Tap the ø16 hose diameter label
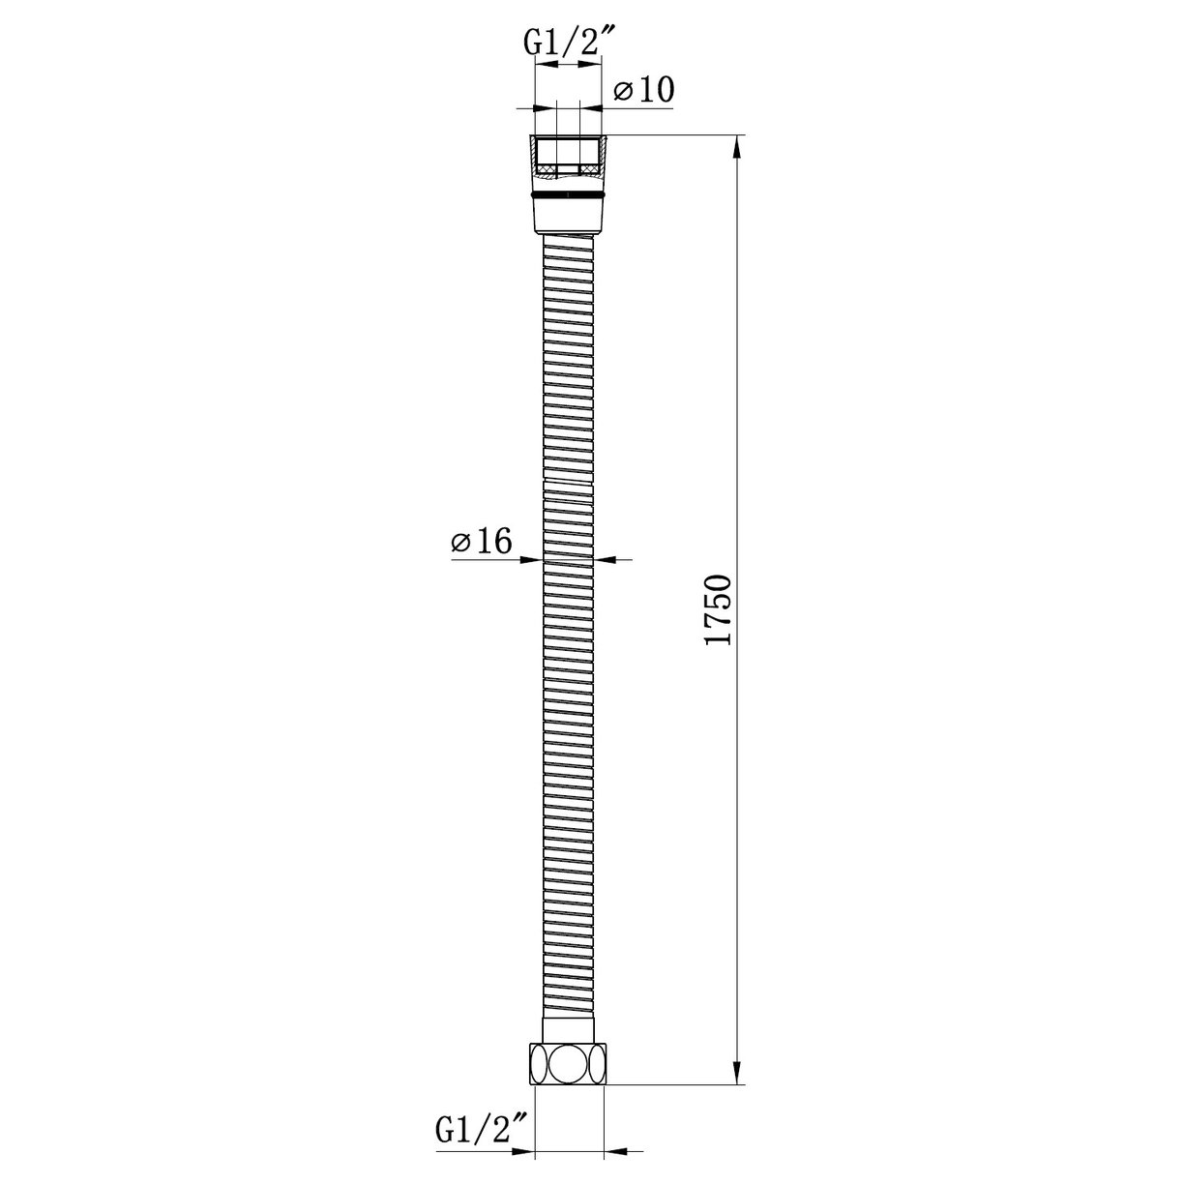[x=481, y=543]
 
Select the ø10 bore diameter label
[x=643, y=90]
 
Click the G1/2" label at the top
[x=565, y=43]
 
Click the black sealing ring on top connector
[x=568, y=195]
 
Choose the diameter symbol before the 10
[x=623, y=91]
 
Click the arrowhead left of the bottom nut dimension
[x=522, y=1152]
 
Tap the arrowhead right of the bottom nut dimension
[x=616, y=1152]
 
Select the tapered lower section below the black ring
[x=568, y=215]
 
